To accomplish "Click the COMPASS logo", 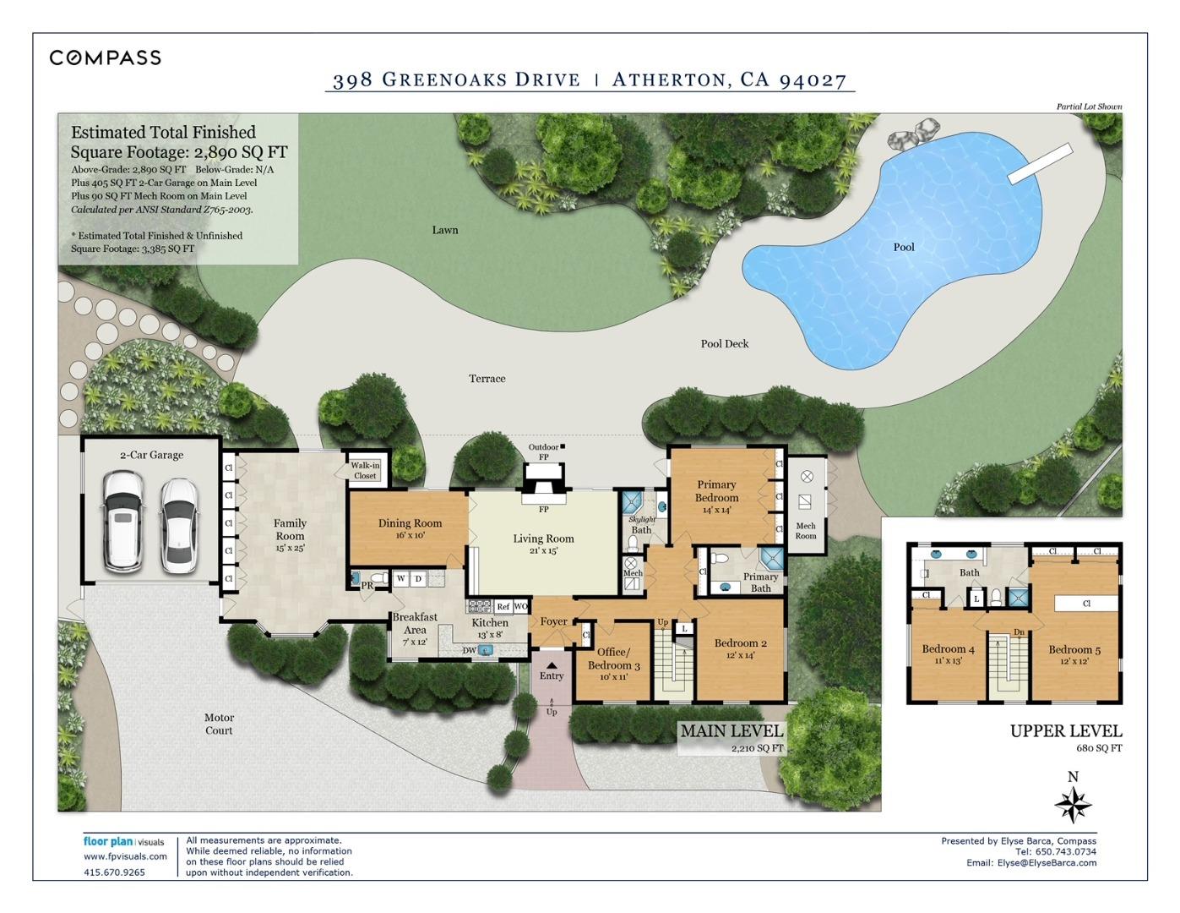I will click(105, 57).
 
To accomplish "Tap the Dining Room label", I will click(410, 524).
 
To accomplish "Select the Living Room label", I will click(543, 539).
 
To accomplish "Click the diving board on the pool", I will click(1040, 164).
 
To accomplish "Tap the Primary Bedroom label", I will click(716, 491).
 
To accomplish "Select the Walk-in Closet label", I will click(365, 471).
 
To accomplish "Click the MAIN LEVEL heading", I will click(731, 730).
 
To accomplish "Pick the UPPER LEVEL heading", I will click(1066, 731).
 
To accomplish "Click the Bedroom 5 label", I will click(1074, 650).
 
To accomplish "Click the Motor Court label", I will click(219, 724).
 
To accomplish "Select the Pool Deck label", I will click(724, 344).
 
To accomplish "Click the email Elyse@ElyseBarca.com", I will click(1047, 863).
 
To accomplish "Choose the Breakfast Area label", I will click(415, 623).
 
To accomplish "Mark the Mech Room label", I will click(806, 531).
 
